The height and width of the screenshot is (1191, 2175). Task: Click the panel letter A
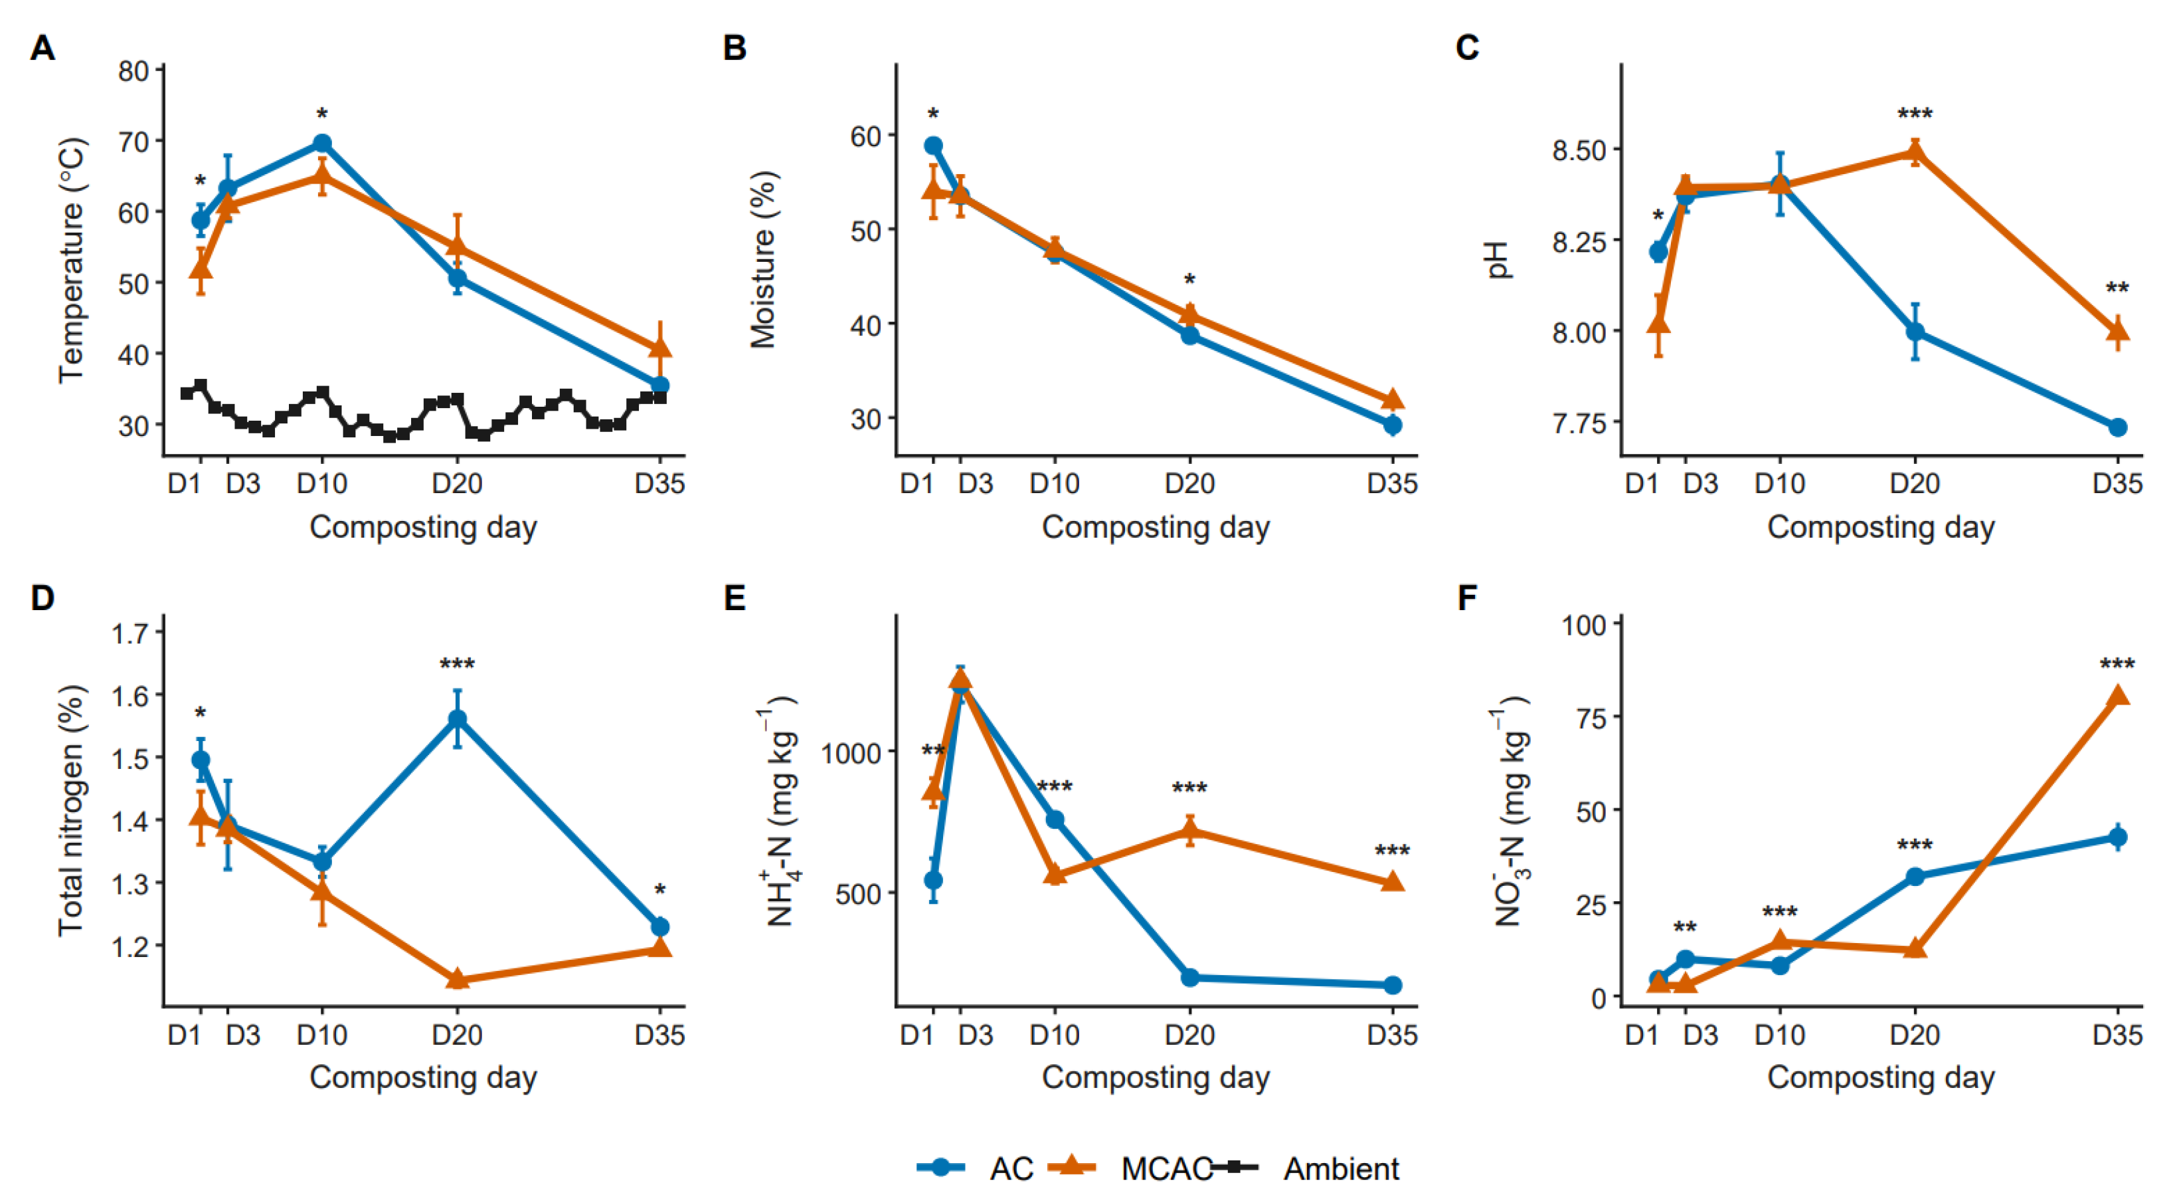point(43,48)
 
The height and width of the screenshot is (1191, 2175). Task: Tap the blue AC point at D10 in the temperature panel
point(321,143)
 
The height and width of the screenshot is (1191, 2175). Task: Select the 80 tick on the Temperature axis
point(133,71)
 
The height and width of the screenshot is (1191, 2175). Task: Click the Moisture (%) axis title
point(762,260)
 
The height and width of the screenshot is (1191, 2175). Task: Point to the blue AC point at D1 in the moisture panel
point(933,146)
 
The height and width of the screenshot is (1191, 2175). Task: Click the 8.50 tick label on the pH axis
point(1577,150)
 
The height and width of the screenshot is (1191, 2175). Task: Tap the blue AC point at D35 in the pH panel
point(2117,427)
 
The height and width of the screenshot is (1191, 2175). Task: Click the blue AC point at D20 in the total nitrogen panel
point(457,720)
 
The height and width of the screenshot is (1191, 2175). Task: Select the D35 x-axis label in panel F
point(2117,1035)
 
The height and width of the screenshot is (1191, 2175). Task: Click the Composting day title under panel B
point(1155,527)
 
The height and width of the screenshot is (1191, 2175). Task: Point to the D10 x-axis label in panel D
point(321,1035)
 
